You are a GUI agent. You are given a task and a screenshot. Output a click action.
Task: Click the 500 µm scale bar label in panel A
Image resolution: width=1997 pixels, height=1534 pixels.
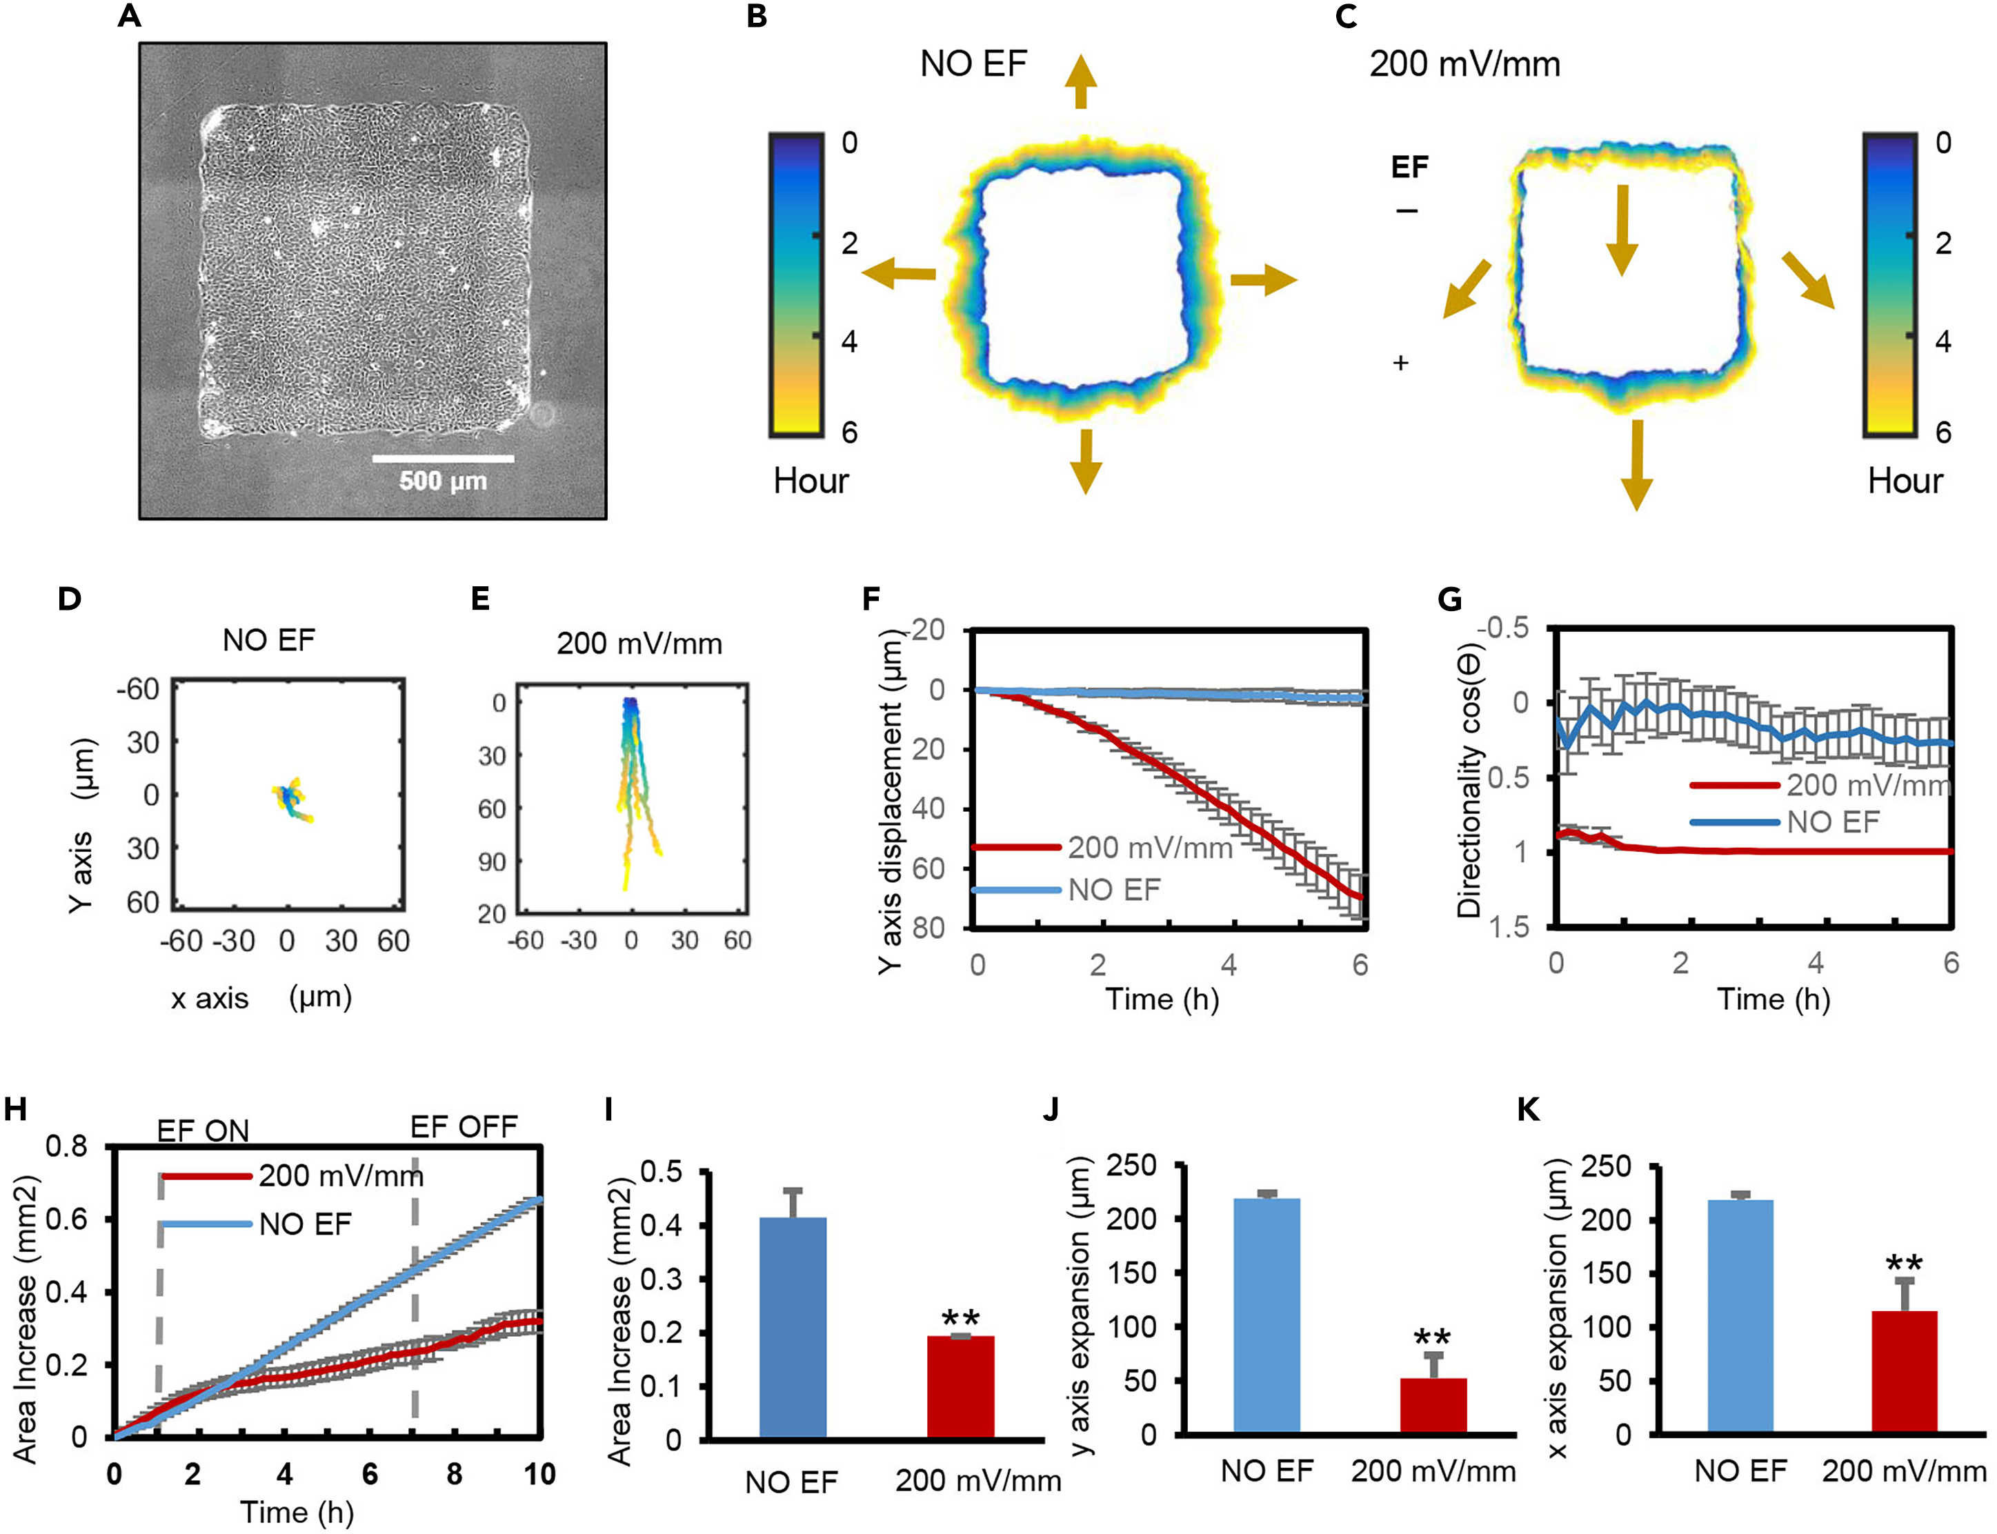coord(443,481)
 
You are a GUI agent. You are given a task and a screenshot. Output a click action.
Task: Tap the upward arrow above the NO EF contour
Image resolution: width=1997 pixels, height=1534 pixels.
coord(1080,82)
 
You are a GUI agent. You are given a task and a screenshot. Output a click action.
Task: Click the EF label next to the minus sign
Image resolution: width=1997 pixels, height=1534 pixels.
coord(1409,167)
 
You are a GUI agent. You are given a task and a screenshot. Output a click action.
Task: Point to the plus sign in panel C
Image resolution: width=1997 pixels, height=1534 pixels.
coord(1401,363)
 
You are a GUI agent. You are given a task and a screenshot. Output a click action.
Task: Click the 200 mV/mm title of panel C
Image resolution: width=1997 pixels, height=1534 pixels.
coord(1464,64)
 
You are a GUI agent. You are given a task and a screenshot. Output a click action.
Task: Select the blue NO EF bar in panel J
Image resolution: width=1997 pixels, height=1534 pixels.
coord(1266,1315)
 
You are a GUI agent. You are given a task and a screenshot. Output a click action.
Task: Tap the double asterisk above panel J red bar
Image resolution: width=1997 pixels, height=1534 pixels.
coord(1433,1339)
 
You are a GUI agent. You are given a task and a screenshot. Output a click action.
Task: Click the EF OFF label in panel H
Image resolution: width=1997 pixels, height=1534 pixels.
coord(464,1127)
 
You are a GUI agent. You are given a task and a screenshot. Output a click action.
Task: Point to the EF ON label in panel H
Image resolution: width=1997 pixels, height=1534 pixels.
coord(203,1131)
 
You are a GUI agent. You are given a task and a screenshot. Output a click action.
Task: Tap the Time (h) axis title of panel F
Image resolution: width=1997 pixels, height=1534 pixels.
coord(1162,999)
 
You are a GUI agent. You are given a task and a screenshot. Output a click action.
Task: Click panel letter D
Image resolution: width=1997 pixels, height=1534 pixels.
coord(70,599)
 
